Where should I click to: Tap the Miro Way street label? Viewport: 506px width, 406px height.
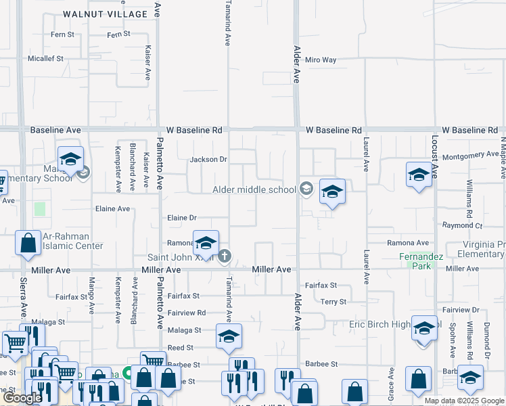pyautogui.click(x=321, y=60)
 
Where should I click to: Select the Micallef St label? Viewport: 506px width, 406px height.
pyautogui.click(x=45, y=59)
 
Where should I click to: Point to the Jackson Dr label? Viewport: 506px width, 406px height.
pyautogui.click(x=208, y=160)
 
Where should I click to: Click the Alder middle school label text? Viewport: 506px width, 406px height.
pyautogui.click(x=254, y=189)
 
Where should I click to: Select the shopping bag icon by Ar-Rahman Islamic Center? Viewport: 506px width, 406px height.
pyautogui.click(x=28, y=244)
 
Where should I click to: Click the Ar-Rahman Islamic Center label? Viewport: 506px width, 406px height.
pyautogui.click(x=72, y=241)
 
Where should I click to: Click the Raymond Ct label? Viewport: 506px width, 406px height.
pyautogui.click(x=462, y=225)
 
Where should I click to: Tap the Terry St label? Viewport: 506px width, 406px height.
pyautogui.click(x=333, y=301)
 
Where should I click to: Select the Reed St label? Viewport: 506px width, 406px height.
pyautogui.click(x=180, y=347)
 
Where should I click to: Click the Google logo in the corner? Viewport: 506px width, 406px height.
pyautogui.click(x=22, y=398)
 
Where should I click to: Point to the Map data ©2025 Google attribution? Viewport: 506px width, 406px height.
pyautogui.click(x=463, y=401)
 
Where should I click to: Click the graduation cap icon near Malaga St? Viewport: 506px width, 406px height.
pyautogui.click(x=229, y=336)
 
